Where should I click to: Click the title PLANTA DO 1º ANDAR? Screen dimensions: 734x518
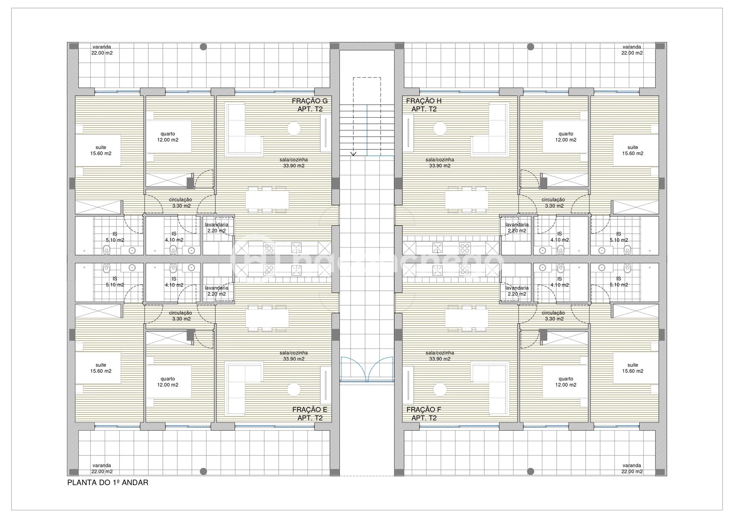(108, 482)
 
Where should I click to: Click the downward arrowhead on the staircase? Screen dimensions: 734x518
(354, 154)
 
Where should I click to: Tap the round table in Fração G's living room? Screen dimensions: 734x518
(294, 128)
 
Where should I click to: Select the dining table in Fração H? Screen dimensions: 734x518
(466, 199)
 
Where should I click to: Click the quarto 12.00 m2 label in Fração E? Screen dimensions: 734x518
(168, 382)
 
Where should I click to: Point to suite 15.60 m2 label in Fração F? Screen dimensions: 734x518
(633, 368)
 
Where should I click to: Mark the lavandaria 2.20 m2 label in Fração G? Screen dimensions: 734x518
(216, 228)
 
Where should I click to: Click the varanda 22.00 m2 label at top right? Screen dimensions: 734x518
(632, 50)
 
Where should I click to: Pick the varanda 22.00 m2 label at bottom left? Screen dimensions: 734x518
(102, 468)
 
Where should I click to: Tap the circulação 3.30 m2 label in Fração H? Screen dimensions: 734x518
(553, 202)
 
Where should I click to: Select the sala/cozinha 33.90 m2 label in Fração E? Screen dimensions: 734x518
(294, 356)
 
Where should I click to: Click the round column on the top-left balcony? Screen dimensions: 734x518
(203, 47)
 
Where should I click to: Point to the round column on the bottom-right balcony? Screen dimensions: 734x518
(531, 471)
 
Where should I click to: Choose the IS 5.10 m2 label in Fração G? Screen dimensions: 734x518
(115, 237)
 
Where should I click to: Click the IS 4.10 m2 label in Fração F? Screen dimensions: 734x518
(560, 282)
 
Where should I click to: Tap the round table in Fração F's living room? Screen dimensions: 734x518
(440, 390)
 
